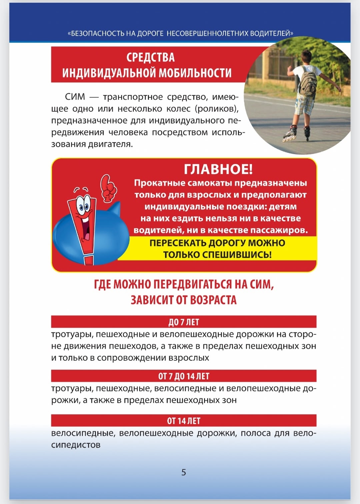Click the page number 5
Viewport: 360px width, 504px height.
(x=184, y=472)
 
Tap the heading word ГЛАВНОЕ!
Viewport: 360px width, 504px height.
(x=218, y=169)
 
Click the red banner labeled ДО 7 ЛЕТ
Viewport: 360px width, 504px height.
(x=184, y=322)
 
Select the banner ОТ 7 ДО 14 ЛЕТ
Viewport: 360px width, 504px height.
(x=184, y=376)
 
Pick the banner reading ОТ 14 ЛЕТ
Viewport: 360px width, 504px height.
(x=184, y=421)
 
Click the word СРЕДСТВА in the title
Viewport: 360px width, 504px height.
(x=150, y=57)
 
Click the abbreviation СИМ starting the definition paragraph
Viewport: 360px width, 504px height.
(x=75, y=97)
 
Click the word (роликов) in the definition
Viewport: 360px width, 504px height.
(x=217, y=109)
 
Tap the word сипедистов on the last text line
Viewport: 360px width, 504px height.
(x=76, y=445)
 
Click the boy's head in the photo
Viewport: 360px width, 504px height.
(x=306, y=55)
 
